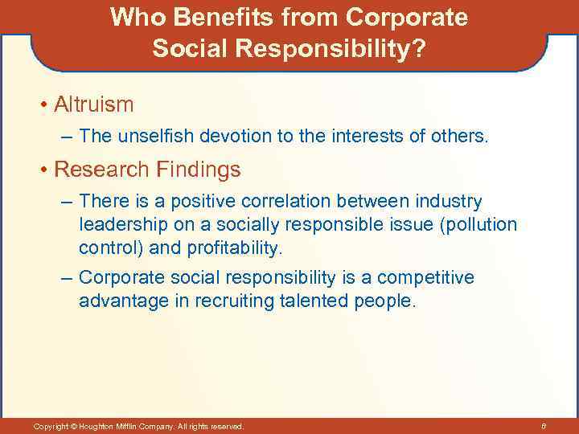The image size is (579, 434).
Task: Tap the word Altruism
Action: click(x=94, y=104)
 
